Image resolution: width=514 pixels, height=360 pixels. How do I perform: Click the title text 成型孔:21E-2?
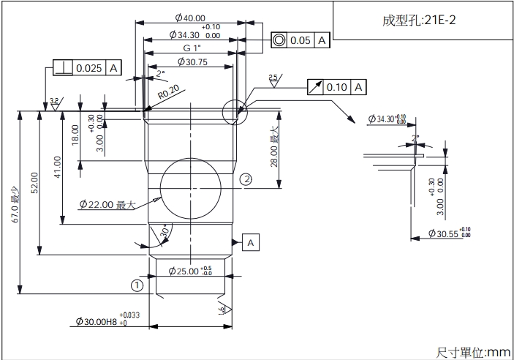point(420,20)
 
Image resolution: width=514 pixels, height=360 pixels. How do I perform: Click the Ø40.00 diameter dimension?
point(190,18)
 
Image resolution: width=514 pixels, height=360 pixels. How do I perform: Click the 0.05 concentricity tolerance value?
point(301,40)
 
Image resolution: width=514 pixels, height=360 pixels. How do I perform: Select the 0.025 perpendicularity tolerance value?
point(89,68)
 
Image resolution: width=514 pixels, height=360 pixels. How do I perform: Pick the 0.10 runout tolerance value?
point(336,87)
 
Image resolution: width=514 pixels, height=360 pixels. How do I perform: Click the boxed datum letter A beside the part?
point(251,241)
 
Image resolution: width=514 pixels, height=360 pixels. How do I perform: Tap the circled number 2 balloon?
point(246,179)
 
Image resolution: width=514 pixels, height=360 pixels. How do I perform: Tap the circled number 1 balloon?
point(137,285)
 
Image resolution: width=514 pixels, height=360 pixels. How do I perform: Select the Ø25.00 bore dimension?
point(189,271)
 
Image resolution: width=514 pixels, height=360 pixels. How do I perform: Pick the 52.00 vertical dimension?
point(34,183)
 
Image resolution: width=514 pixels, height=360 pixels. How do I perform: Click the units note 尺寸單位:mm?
point(473,352)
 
